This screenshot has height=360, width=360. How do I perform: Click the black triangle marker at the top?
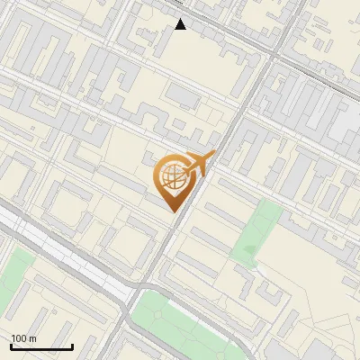pos(181,24)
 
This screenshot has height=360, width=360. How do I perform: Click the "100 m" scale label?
pos(23,338)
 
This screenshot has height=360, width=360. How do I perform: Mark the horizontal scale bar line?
pos(41,346)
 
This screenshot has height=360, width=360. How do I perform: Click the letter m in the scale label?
pos(32,338)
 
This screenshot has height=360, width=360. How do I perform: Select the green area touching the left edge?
pos(13,270)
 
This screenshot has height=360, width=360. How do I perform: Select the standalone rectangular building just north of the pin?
pos(184,95)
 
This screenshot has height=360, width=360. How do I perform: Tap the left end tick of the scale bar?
pos(11,346)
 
